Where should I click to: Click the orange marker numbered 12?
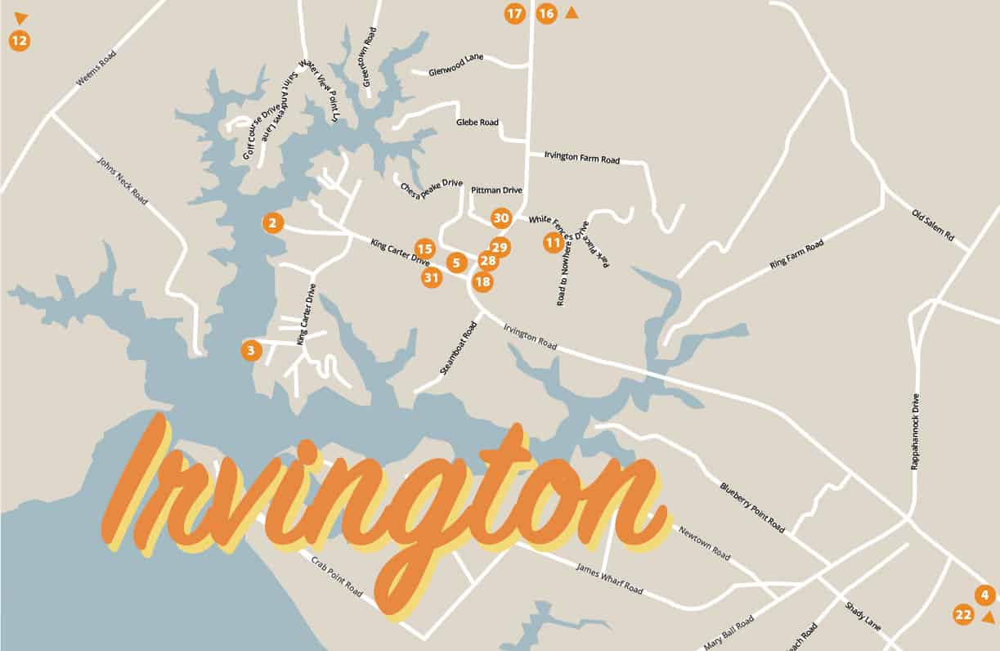coord(19,40)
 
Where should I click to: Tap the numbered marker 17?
coord(514,14)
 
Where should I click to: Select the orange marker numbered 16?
coord(546,14)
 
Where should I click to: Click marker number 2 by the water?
coord(272,222)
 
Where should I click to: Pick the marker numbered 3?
coord(251,351)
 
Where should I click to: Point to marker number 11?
coord(554,242)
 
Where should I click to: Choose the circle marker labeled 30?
coord(501,218)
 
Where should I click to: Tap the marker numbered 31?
coord(432,278)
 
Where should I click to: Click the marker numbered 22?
coord(963,615)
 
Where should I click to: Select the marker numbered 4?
coord(984,595)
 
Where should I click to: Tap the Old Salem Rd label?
coord(932,225)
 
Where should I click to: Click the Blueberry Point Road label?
coord(752,507)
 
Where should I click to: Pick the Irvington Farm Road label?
coord(582,157)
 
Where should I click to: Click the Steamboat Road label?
coord(457,348)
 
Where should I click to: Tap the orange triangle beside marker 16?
coord(572,12)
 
